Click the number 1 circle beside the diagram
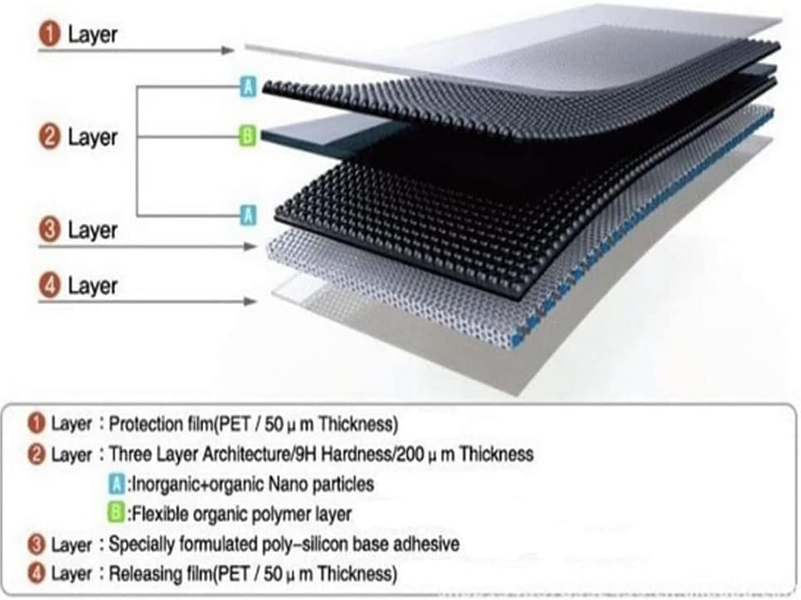click(50, 34)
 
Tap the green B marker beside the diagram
click(248, 137)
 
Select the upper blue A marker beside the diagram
click(248, 86)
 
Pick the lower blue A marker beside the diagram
click(248, 215)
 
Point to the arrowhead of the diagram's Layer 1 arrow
click(228, 50)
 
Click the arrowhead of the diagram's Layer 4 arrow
click(250, 302)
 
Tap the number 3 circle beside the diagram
click(50, 230)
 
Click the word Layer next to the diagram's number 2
click(93, 138)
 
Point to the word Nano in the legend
click(288, 484)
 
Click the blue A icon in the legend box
click(116, 483)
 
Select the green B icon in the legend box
click(116, 513)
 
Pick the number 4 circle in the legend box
click(36, 573)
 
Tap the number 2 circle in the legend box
click(36, 454)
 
